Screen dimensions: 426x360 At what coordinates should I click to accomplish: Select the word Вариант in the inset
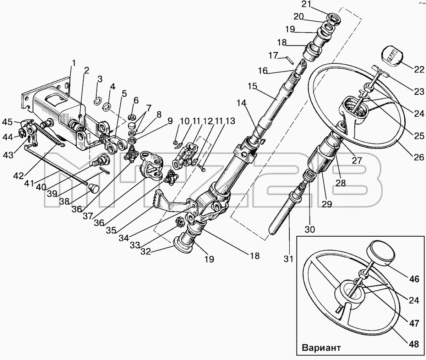(321, 348)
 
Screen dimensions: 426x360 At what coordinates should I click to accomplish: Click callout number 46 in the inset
(414, 279)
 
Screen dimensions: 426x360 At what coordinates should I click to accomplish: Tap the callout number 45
(7, 122)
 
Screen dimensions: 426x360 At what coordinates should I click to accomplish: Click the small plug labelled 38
(94, 188)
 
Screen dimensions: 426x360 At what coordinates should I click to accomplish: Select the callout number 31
(288, 259)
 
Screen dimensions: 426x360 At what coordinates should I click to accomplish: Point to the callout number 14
(241, 103)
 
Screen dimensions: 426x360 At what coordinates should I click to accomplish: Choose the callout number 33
(135, 245)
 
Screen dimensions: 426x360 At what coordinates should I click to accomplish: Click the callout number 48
(414, 344)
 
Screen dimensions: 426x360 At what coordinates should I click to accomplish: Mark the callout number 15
(252, 86)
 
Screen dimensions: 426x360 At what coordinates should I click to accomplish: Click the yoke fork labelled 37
(151, 169)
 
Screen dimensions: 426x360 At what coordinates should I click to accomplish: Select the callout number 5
(125, 93)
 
